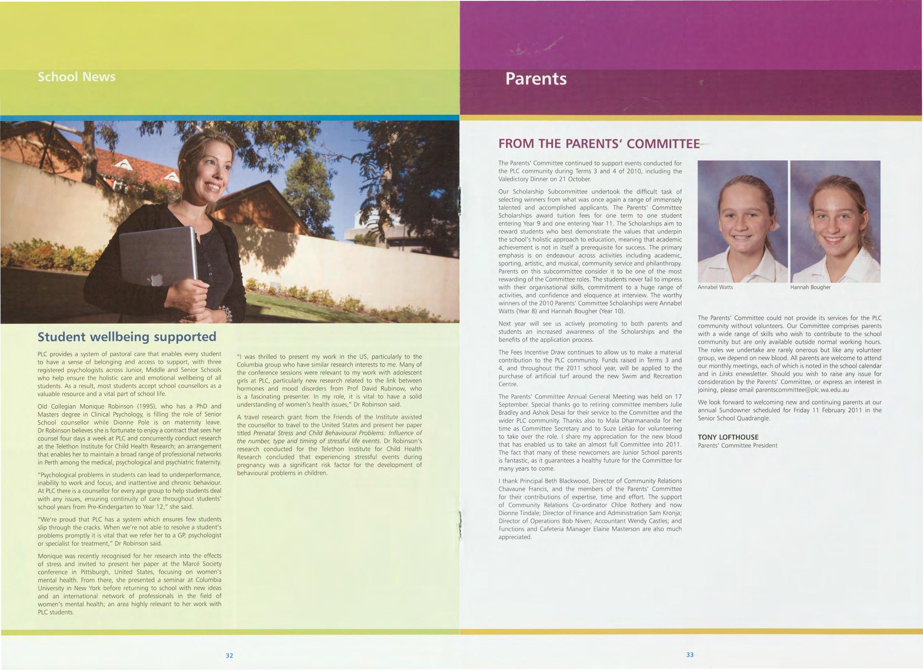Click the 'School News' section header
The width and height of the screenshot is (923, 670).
pos(77,77)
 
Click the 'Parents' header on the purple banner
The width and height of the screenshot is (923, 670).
pos(535,79)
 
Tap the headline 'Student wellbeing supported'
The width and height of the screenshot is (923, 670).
pos(127,337)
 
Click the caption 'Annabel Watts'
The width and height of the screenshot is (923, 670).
pos(715,287)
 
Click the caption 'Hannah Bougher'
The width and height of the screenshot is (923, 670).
pos(810,287)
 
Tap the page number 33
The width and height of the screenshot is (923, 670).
pos(689,654)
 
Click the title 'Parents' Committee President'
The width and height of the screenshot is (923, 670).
pos(737,445)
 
